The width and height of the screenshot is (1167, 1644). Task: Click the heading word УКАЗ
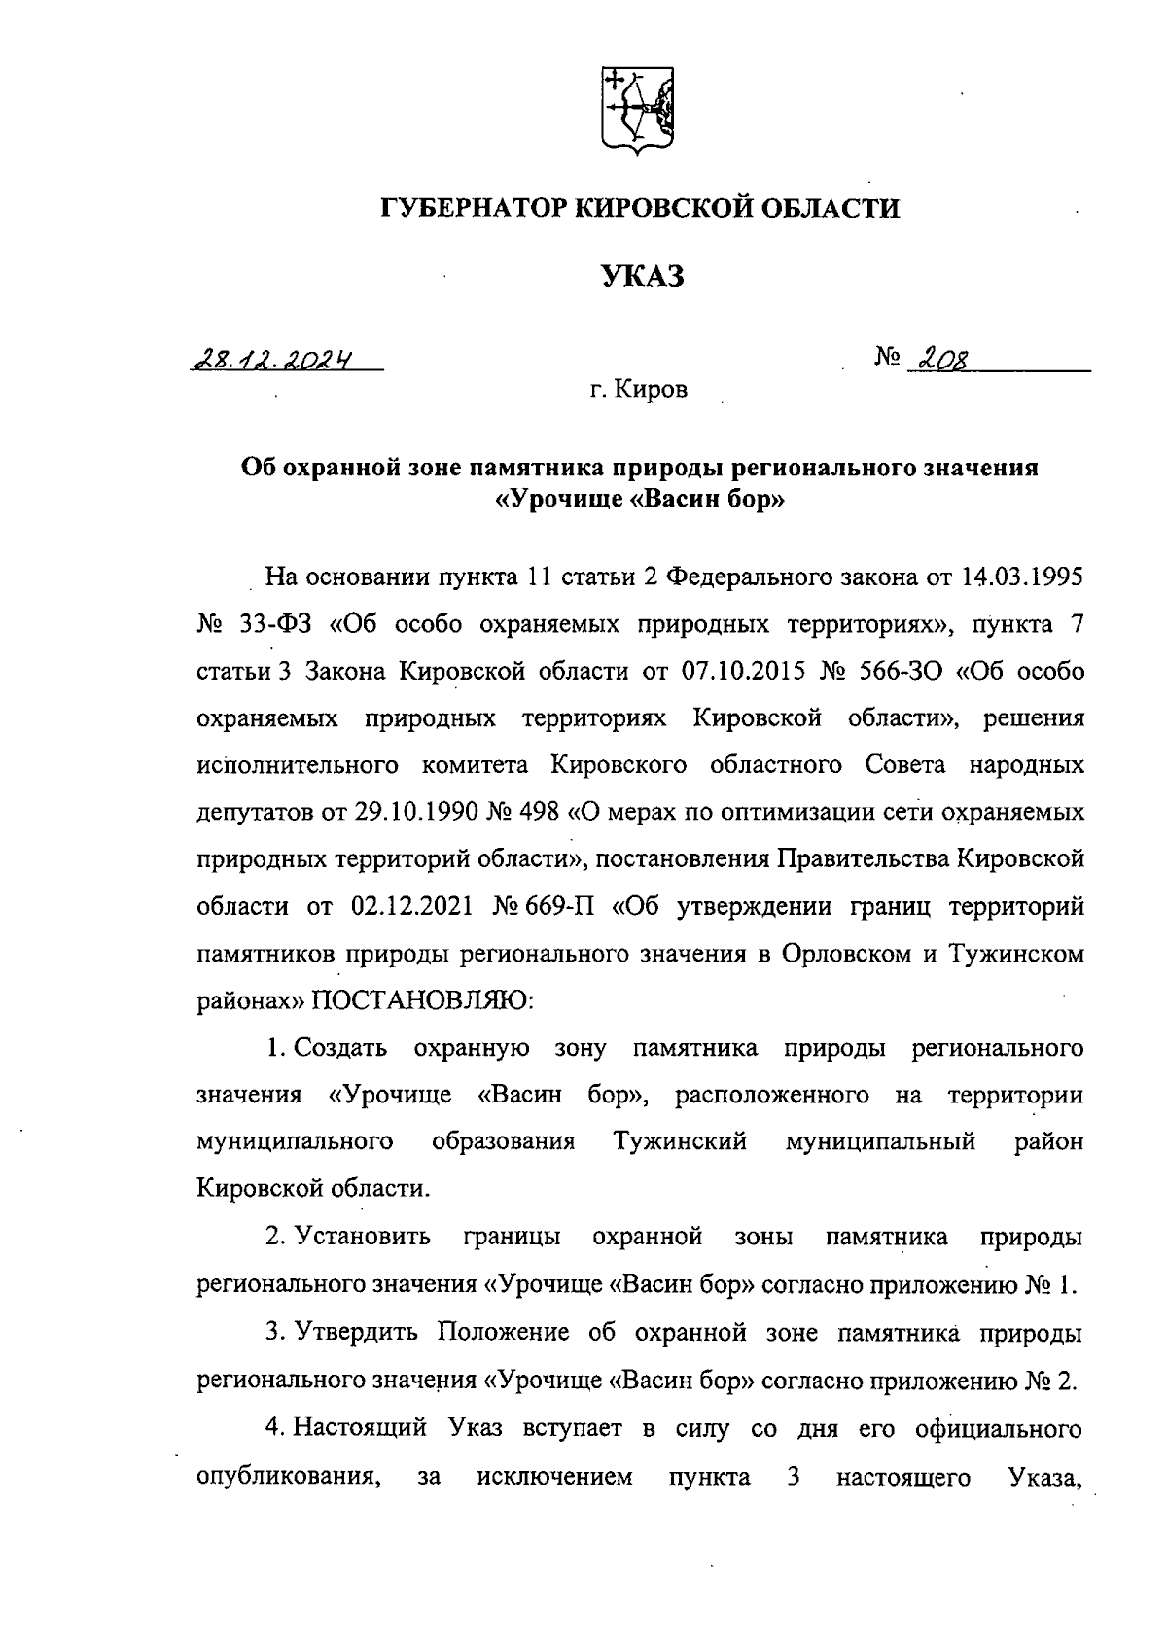click(x=641, y=277)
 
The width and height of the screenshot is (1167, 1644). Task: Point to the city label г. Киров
click(x=638, y=390)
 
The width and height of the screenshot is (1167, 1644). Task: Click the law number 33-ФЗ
click(x=279, y=624)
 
